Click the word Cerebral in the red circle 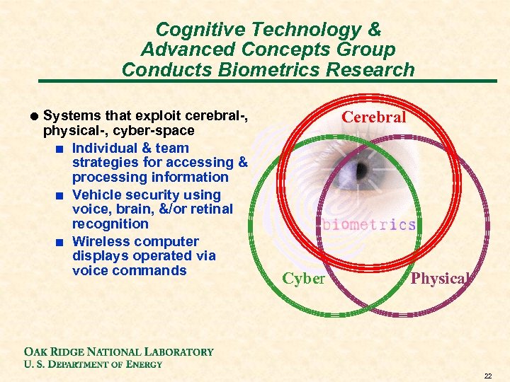pos(374,117)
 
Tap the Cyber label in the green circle pos(303,279)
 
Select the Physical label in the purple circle pos(439,279)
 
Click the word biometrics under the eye pos(369,225)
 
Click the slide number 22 pos(488,375)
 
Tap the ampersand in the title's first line pos(374,30)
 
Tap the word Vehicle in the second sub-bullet pos(97,195)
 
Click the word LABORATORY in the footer pos(178,352)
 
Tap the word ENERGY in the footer pos(142,364)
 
